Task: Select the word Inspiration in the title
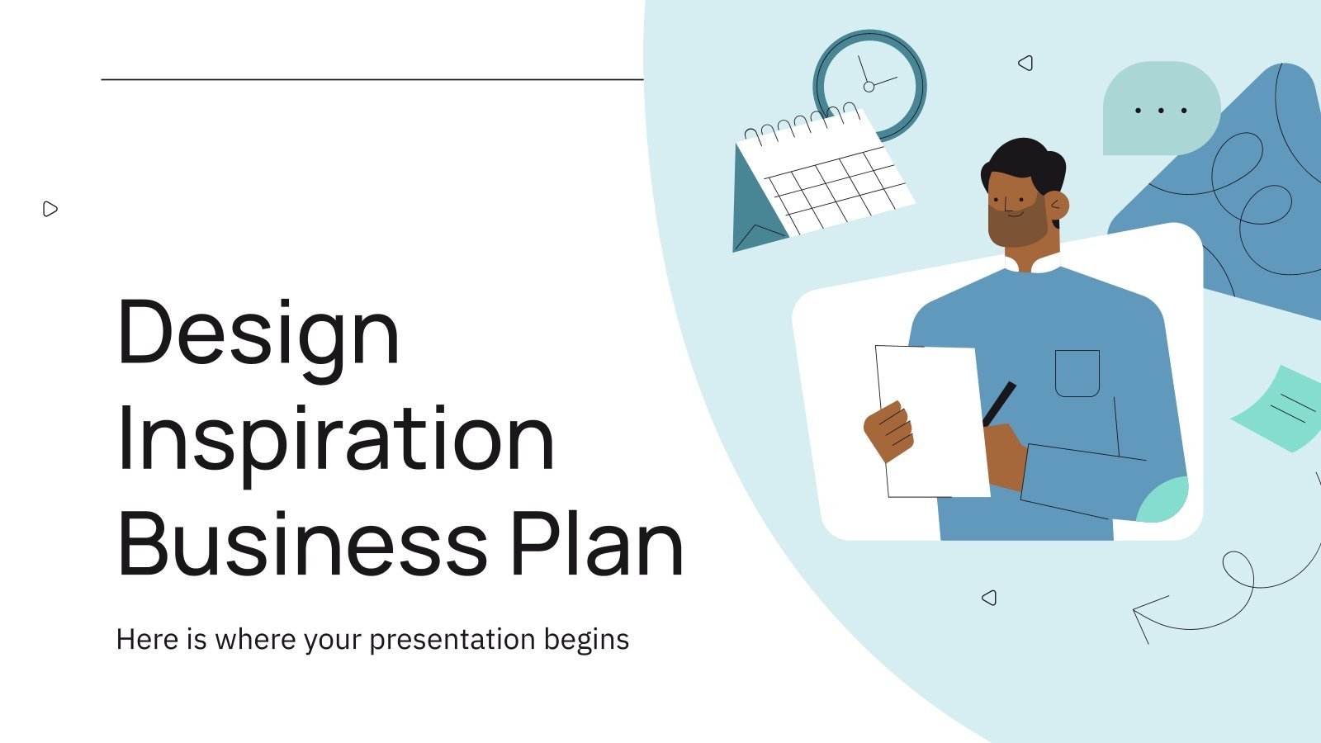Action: tap(335, 441)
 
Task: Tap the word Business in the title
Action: tap(302, 545)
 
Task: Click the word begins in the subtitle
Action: tap(586, 640)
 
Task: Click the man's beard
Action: tap(1017, 227)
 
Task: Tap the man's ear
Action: tap(1058, 205)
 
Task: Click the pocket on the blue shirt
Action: tap(1077, 373)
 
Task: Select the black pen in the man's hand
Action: tap(999, 403)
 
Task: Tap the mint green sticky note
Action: tap(1281, 408)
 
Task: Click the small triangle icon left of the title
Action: tap(50, 209)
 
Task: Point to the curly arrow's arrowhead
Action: tap(1143, 614)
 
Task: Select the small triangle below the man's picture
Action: tap(989, 598)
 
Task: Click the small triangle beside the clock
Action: tap(1025, 63)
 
